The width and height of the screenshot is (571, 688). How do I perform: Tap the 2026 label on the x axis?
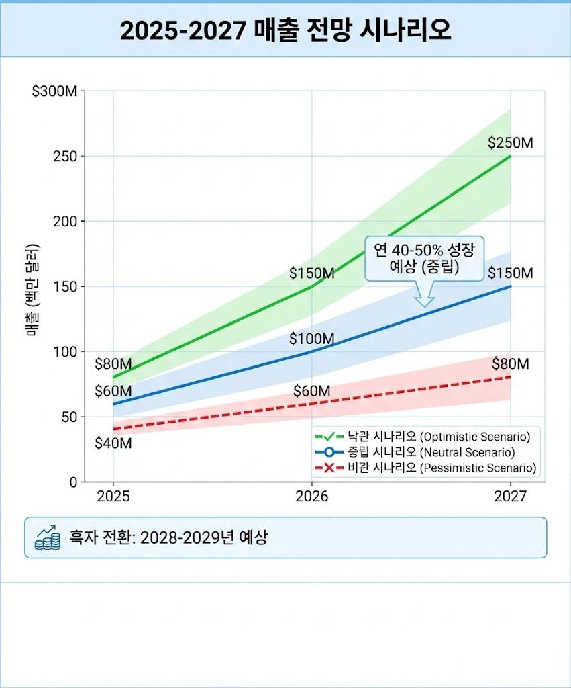312,497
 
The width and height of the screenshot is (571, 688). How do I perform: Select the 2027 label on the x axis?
511,497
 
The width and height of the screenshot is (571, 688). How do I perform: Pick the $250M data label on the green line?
510,142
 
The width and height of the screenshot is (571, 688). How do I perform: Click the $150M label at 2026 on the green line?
312,273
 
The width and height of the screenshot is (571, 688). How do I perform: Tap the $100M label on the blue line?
311,339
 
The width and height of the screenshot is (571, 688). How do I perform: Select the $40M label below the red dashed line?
113,443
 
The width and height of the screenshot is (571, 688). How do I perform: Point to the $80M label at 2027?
510,364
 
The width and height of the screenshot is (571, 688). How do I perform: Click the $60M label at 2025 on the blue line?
113,391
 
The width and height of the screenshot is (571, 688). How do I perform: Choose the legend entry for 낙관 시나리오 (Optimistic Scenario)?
426,436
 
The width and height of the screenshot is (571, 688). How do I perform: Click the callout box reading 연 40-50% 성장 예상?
424,257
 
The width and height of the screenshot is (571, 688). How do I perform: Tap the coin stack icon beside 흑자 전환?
48,537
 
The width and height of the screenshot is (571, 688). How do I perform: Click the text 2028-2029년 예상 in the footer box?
204,537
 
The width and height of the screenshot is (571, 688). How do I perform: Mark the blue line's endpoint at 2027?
511,286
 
